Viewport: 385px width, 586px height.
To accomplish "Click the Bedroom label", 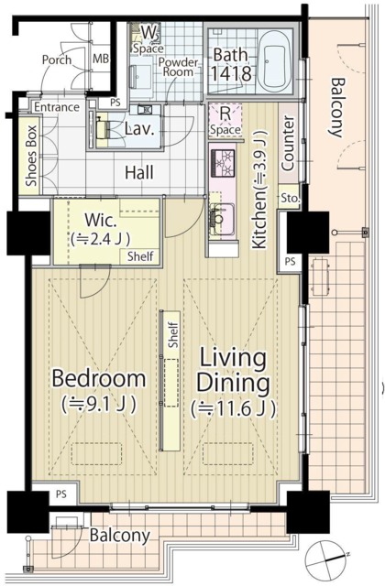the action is (99, 378).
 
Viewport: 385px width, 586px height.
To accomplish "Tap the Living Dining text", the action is (234, 370).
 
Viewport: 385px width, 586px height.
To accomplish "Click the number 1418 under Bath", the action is (230, 73).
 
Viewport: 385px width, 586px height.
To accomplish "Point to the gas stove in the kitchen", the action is (223, 163).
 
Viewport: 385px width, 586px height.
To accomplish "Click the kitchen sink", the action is (222, 219).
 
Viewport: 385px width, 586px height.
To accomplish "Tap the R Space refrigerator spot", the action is (225, 121).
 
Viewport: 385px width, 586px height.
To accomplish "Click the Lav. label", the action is (139, 129).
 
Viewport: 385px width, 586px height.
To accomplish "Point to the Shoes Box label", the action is (31, 156).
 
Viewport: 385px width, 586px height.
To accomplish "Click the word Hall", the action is (139, 173).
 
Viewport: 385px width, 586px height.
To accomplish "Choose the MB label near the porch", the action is (101, 59).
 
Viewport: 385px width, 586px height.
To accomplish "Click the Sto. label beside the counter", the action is (291, 199).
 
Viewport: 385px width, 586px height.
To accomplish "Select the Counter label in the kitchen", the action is (288, 144).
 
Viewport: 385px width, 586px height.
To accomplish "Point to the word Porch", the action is (57, 60).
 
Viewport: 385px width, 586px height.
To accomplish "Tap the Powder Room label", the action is (178, 67).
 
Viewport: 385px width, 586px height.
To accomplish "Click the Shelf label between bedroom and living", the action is (173, 335).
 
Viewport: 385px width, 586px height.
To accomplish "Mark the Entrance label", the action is (57, 107).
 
